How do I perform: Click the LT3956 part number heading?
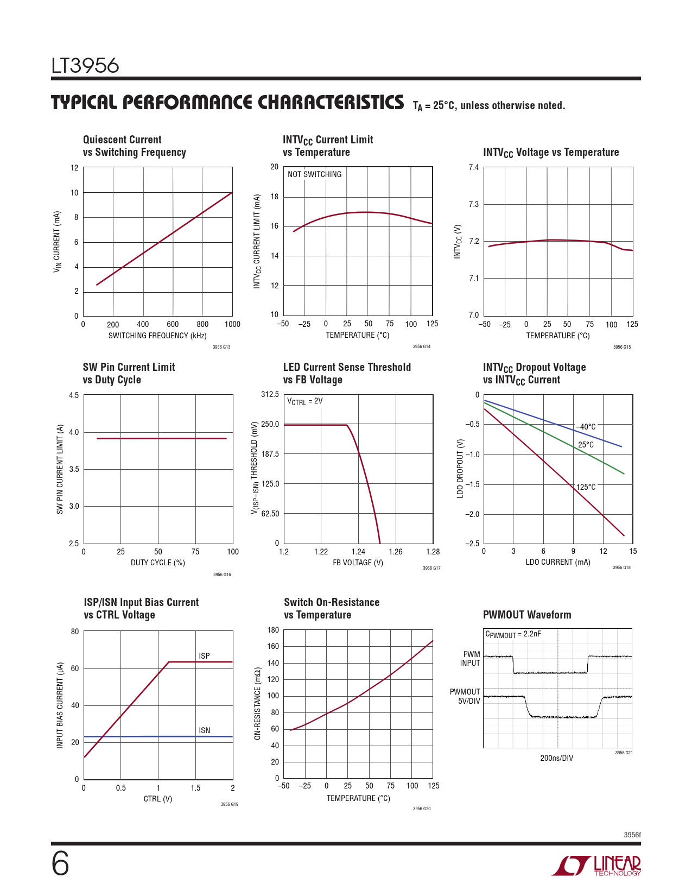(85, 66)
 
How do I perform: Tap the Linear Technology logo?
(597, 866)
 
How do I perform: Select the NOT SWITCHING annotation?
(315, 174)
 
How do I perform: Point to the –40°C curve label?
(586, 427)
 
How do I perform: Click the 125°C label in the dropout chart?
(586, 487)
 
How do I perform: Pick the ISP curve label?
(204, 656)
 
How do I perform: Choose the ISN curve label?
(204, 730)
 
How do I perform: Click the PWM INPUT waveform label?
(471, 659)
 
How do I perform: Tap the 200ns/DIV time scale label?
(556, 758)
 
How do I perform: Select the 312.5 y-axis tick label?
(270, 394)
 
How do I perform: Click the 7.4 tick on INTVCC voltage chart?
(474, 167)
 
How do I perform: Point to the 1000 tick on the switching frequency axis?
(232, 324)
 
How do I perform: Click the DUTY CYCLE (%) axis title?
(158, 563)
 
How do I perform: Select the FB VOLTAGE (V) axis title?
(358, 563)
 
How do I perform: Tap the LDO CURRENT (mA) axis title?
(558, 562)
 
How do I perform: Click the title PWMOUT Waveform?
(527, 615)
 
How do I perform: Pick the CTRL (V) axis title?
(158, 799)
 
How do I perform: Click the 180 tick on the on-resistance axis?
(273, 630)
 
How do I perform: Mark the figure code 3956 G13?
(221, 347)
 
